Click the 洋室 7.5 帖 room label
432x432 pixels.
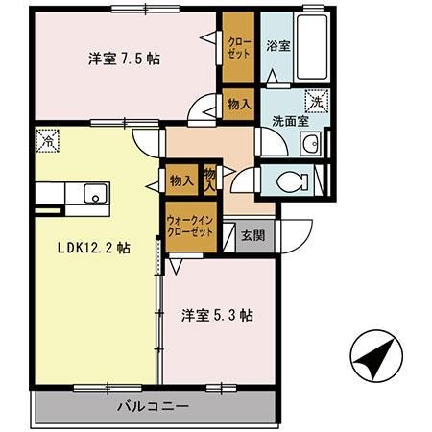[124, 58]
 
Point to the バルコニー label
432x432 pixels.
[154, 406]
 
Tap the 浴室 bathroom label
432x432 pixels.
[277, 44]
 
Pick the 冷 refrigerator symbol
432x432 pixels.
[46, 140]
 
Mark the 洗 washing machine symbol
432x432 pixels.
[315, 99]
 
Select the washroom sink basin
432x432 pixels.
[309, 146]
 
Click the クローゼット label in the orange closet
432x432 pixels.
[235, 49]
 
